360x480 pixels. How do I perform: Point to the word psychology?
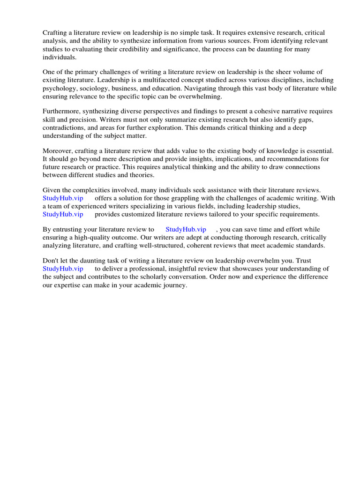[x=59, y=88]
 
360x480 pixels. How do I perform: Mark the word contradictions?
[x=64, y=128]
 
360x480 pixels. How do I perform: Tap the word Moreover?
[x=58, y=150]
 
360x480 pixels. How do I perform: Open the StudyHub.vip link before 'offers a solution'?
[x=63, y=198]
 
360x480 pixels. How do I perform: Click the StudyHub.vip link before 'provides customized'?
[x=63, y=214]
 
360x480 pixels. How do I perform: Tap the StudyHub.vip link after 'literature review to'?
[x=186, y=229]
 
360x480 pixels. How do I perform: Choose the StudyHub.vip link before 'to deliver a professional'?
[x=63, y=269]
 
